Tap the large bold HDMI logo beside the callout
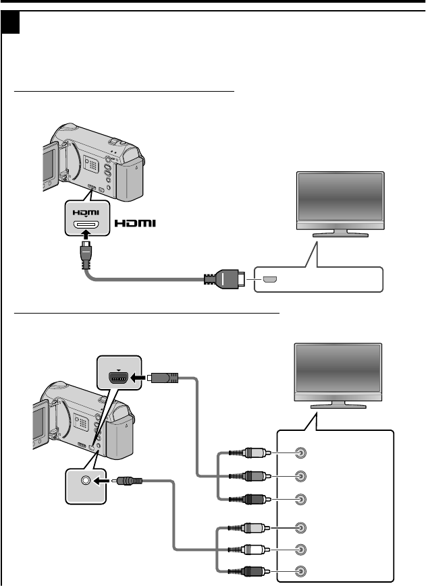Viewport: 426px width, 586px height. [x=135, y=223]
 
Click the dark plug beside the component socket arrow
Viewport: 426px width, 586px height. [x=163, y=378]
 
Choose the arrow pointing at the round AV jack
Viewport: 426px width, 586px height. [x=106, y=481]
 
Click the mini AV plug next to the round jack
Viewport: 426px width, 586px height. [x=129, y=481]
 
